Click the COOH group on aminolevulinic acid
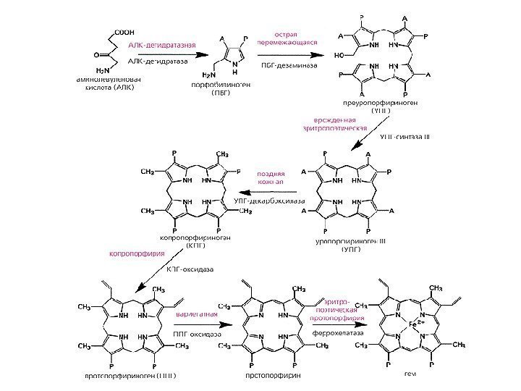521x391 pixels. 124,31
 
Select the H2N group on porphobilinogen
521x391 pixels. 209,75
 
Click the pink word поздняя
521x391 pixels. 271,175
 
